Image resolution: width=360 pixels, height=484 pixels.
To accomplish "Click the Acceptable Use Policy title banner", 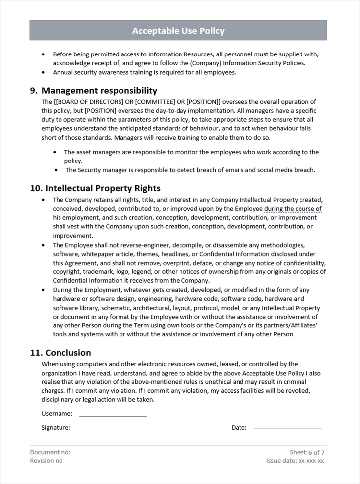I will pos(178,31).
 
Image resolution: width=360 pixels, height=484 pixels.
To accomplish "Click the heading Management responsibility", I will pos(99,90).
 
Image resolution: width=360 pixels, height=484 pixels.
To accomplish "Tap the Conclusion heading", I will pos(68,353).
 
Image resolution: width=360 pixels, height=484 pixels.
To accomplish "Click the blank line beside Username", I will pos(113,415).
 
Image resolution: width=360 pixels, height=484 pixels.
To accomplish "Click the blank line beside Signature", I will pos(113,429).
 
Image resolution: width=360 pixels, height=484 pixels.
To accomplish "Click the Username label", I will pos(57,413).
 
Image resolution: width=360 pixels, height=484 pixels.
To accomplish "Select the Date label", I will pos(239,427).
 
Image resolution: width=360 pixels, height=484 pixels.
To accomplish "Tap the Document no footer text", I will pos(50,452).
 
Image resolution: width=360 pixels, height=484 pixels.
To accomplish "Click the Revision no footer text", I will pos(46,461).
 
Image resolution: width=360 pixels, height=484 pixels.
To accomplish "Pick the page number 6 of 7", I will pos(316,453).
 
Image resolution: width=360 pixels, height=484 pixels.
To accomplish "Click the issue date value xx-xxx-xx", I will pos(311,461).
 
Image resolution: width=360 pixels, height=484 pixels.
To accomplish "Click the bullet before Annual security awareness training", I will pos(43,72).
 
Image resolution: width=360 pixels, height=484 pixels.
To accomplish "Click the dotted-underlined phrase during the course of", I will pos(293,209).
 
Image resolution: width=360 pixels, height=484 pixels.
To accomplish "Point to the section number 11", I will pos(35,353).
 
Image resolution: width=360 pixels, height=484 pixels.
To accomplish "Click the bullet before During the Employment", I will pos(43,290).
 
